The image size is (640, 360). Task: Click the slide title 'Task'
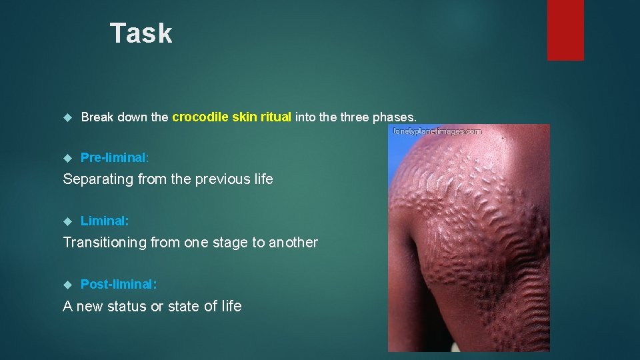pyautogui.click(x=141, y=33)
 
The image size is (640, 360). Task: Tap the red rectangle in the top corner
pyautogui.click(x=565, y=29)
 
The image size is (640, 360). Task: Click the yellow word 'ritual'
pyautogui.click(x=276, y=117)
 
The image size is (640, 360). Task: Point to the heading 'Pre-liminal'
pyautogui.click(x=113, y=158)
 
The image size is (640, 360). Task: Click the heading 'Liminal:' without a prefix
pyautogui.click(x=105, y=221)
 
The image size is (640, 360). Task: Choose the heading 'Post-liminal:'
pyautogui.click(x=119, y=284)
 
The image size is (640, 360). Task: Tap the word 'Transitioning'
pyautogui.click(x=104, y=242)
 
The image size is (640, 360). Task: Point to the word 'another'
pyautogui.click(x=293, y=242)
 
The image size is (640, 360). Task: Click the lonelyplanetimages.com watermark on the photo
pyautogui.click(x=438, y=132)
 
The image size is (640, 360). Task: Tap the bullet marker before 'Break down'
pyautogui.click(x=67, y=118)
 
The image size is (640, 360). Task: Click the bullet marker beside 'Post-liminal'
pyautogui.click(x=67, y=285)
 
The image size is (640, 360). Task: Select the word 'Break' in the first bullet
pyautogui.click(x=97, y=117)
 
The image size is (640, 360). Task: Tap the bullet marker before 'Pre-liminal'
pyautogui.click(x=67, y=159)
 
